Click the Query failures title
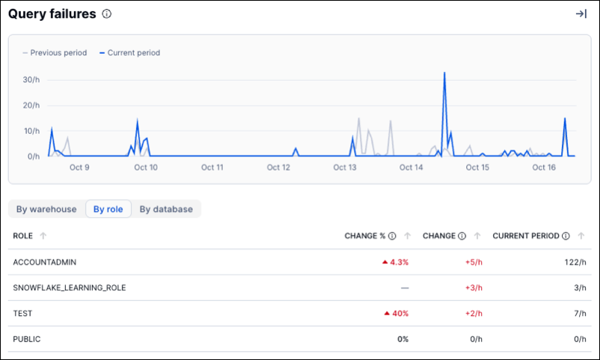(x=52, y=13)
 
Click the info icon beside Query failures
(x=107, y=13)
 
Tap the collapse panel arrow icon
(x=581, y=13)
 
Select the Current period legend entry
(x=130, y=53)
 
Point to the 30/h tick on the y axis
(x=31, y=79)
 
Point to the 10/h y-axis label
(x=31, y=131)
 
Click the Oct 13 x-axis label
(x=345, y=168)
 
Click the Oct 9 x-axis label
(x=79, y=168)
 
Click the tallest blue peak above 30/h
(x=444, y=73)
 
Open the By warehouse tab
(x=46, y=210)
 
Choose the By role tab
(x=108, y=210)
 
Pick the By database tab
(x=166, y=210)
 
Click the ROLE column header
(x=22, y=236)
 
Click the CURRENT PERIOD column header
(x=525, y=236)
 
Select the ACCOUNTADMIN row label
(x=45, y=262)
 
